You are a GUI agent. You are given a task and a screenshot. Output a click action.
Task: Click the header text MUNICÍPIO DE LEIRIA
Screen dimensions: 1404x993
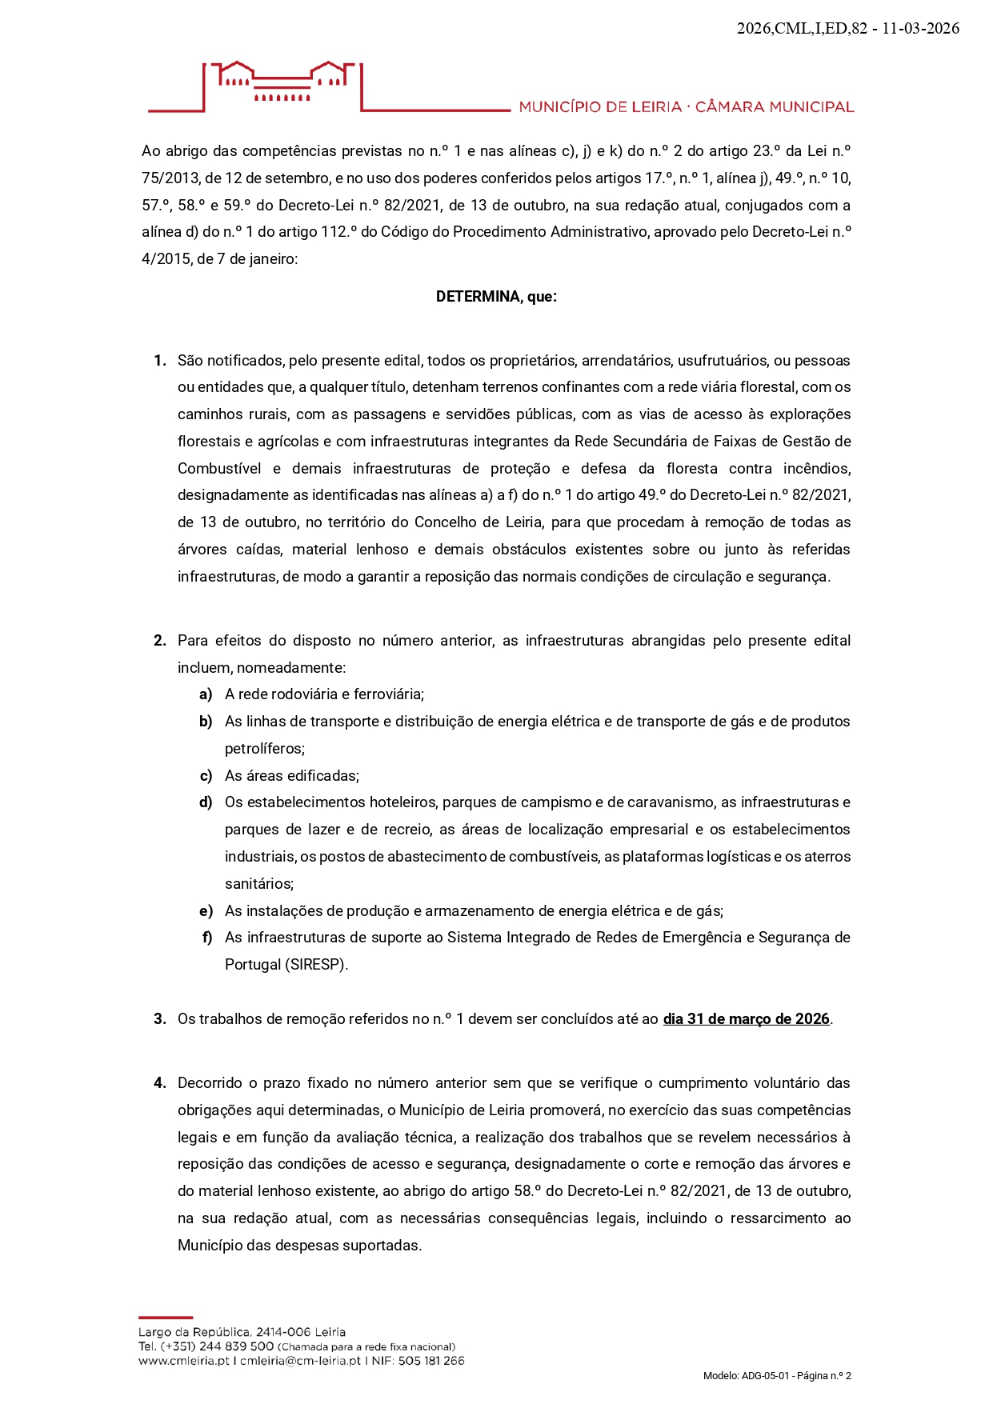[600, 107]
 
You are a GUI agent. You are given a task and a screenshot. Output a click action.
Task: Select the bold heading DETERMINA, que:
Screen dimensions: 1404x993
[496, 297]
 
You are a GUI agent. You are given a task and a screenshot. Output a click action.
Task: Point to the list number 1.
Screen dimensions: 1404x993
[159, 361]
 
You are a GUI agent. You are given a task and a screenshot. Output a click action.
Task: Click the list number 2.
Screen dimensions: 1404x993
[159, 641]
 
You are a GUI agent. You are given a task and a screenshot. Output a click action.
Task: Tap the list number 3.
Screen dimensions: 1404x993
[159, 1019]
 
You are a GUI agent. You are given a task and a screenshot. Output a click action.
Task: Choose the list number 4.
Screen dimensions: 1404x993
[159, 1083]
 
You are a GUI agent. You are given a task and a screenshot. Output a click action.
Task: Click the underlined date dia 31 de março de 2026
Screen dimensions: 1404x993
[746, 1019]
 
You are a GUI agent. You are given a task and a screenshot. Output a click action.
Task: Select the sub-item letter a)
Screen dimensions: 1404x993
[206, 694]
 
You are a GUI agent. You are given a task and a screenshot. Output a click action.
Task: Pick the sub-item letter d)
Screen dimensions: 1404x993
[206, 802]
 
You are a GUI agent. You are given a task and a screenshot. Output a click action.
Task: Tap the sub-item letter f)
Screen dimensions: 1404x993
[207, 938]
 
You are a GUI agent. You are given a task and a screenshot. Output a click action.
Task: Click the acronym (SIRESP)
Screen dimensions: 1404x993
[316, 965]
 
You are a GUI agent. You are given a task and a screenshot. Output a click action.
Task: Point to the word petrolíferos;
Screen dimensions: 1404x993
[265, 749]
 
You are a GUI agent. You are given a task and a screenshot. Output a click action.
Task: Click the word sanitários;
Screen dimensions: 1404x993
[259, 884]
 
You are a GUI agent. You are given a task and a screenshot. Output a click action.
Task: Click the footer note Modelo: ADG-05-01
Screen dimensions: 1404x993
[746, 1376]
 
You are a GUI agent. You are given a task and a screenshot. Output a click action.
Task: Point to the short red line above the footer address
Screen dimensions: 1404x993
[166, 1317]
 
